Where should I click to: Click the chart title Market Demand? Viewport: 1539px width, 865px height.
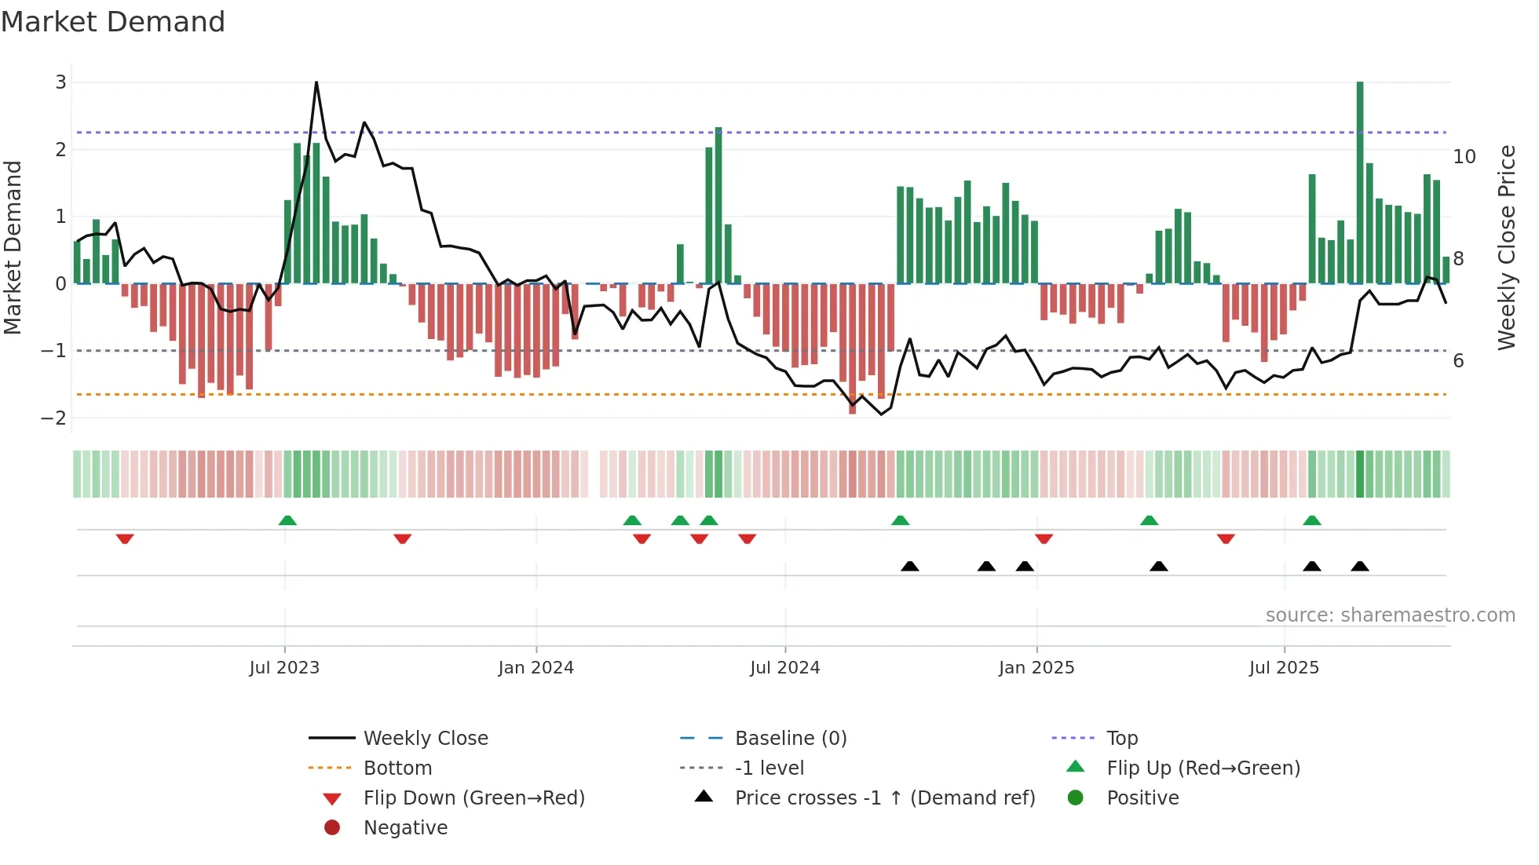[x=113, y=22]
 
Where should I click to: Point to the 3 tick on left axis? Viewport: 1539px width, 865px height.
[x=60, y=82]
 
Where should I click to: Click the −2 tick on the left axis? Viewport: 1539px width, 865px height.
[x=54, y=418]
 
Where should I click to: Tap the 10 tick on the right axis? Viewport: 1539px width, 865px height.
[x=1464, y=157]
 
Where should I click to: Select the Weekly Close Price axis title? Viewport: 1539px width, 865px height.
[x=1506, y=247]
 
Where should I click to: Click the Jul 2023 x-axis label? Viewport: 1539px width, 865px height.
[x=284, y=668]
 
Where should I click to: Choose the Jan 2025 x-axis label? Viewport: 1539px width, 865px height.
[x=1036, y=668]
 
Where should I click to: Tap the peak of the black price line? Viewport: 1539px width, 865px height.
[x=316, y=82]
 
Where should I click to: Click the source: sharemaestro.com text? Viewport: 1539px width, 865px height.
[x=1390, y=615]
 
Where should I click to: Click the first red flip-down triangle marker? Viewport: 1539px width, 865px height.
[x=125, y=538]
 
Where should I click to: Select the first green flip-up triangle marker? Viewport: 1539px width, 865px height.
[x=287, y=520]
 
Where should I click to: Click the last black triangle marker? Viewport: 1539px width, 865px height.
[x=1360, y=566]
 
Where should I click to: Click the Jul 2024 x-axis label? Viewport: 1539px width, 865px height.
[x=784, y=668]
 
